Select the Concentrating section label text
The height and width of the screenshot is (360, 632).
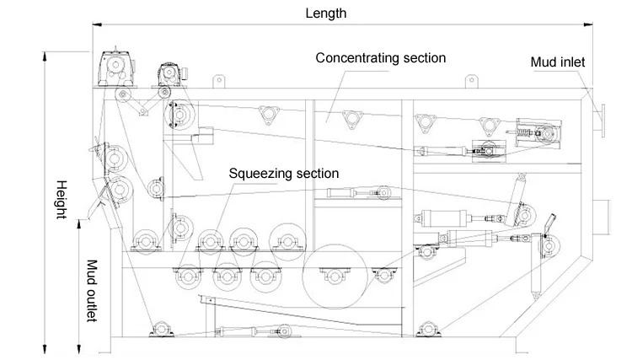click(x=381, y=57)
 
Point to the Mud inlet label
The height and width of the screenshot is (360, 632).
click(x=557, y=62)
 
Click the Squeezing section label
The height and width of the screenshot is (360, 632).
click(x=284, y=173)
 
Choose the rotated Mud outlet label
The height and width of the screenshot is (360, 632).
click(x=93, y=290)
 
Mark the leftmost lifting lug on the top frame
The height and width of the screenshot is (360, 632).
click(x=218, y=81)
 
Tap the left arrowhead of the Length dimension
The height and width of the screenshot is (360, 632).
click(x=95, y=25)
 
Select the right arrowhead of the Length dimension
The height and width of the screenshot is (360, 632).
click(x=589, y=25)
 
